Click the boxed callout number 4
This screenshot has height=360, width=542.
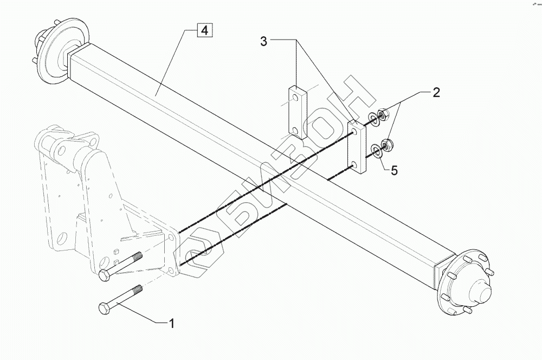[204, 30]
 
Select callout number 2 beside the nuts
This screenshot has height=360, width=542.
[435, 93]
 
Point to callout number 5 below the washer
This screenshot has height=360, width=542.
[394, 170]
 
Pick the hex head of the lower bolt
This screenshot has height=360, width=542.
[104, 308]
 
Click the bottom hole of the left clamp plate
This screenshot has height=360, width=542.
[294, 130]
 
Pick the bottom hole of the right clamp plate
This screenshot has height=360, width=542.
[354, 163]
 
